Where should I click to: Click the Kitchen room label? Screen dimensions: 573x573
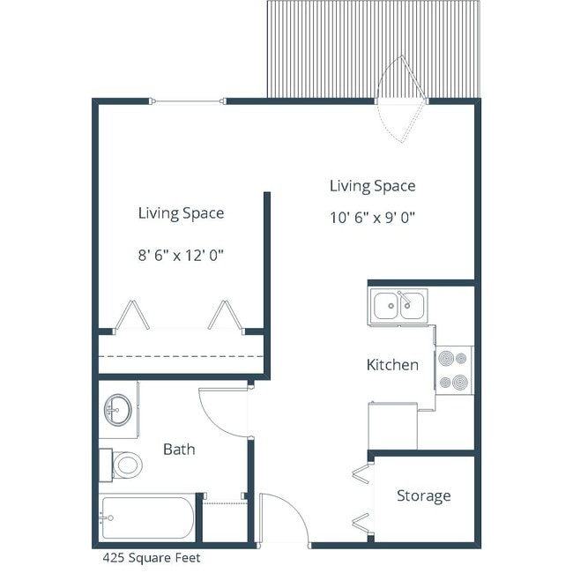click(392, 364)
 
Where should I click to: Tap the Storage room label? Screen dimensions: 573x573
click(423, 495)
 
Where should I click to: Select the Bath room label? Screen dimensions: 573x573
click(179, 449)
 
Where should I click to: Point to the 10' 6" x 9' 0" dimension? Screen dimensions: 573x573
click(372, 218)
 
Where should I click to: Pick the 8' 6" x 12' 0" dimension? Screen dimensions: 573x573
click(181, 255)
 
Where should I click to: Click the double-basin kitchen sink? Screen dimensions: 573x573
click(399, 306)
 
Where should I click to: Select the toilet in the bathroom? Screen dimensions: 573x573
click(123, 464)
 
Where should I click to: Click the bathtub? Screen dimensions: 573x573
click(146, 518)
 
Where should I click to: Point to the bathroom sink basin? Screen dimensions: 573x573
click(117, 409)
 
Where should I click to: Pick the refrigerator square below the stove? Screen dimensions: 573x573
click(391, 426)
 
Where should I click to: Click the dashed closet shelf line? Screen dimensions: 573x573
click(181, 355)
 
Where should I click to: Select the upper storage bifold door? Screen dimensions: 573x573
click(362, 474)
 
